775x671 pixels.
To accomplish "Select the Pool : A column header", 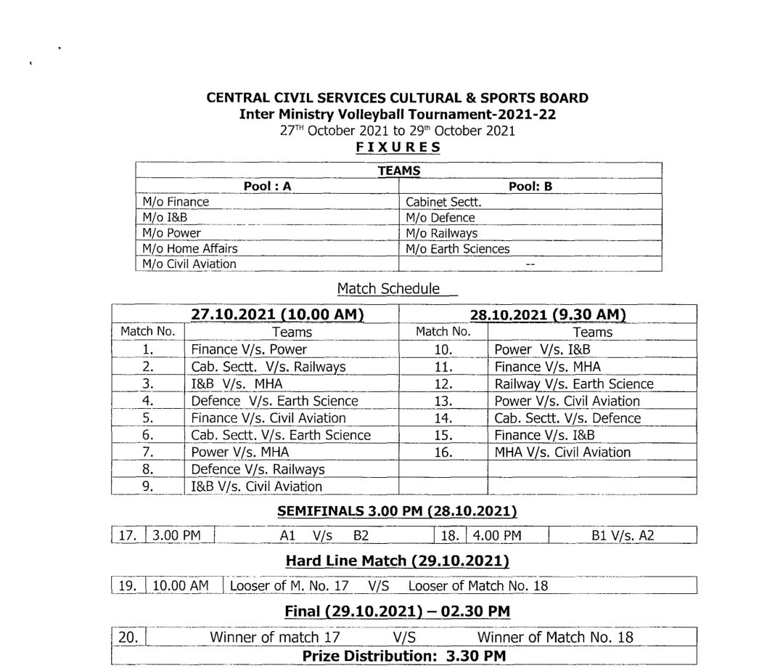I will click(x=267, y=186).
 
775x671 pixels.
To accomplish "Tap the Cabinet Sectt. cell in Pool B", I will click(x=443, y=202).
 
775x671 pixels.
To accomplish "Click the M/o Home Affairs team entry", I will click(x=190, y=248).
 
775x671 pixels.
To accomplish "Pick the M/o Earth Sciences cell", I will click(x=457, y=248).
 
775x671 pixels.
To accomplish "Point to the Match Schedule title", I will click(x=388, y=288).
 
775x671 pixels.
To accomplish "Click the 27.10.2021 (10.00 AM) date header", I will click(x=277, y=314).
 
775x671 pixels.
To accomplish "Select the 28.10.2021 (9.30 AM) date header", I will click(x=548, y=314).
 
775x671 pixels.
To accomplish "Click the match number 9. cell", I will click(x=147, y=486).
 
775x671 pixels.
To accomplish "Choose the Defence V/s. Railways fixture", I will click(x=258, y=469).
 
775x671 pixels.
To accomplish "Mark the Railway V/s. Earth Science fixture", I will click(x=573, y=383).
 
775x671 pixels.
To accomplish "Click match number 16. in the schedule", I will click(x=443, y=452).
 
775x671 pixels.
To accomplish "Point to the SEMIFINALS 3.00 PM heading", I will click(x=397, y=511).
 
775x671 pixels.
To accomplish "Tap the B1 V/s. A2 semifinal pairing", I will click(x=623, y=536).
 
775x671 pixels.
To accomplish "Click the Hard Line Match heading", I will click(x=397, y=561).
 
